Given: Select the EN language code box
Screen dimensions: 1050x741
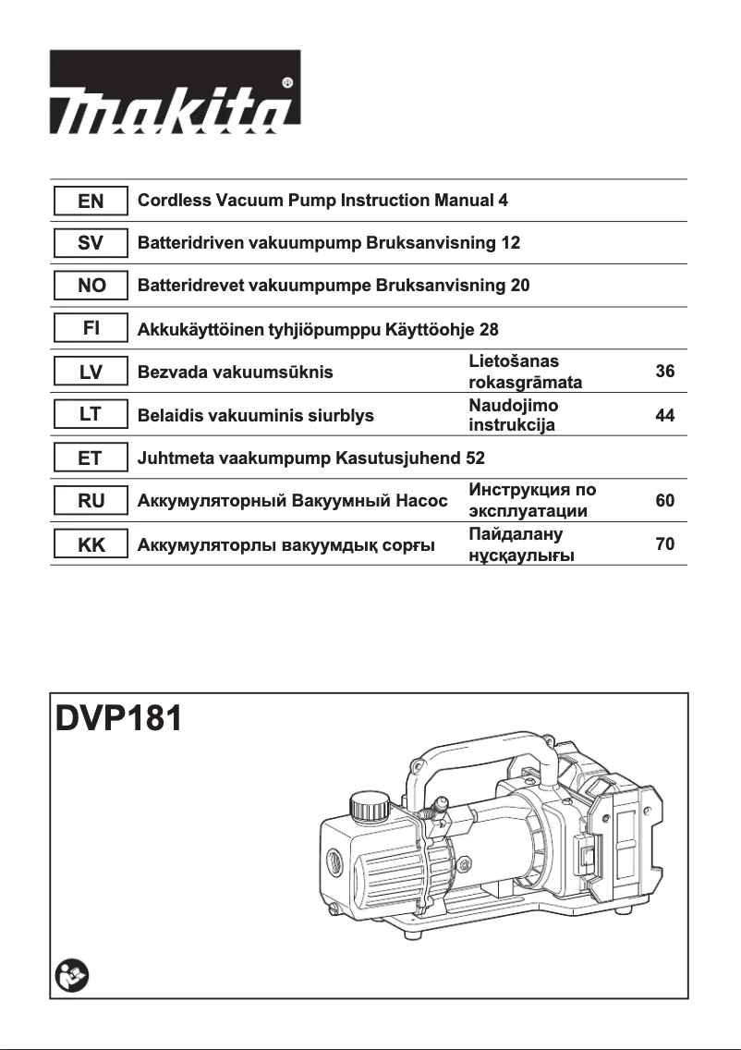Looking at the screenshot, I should [x=90, y=201].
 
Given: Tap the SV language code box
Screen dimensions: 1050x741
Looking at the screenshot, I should [x=90, y=243].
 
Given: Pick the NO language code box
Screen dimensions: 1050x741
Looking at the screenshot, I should [x=90, y=286].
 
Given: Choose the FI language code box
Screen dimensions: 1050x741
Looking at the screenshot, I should [x=90, y=329].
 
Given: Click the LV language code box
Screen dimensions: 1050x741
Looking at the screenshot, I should [x=90, y=372].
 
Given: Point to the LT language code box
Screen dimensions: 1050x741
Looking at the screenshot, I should [x=90, y=415].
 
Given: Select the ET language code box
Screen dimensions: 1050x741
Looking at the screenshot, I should [x=90, y=458].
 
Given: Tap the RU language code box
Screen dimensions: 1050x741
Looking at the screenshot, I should [x=90, y=501].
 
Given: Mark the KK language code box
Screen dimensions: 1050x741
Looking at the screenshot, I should [x=90, y=544].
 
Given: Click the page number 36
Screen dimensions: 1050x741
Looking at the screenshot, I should [x=664, y=372].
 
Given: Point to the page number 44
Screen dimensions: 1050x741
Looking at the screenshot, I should [x=664, y=416].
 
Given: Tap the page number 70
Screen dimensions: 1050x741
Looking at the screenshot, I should [x=664, y=544].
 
